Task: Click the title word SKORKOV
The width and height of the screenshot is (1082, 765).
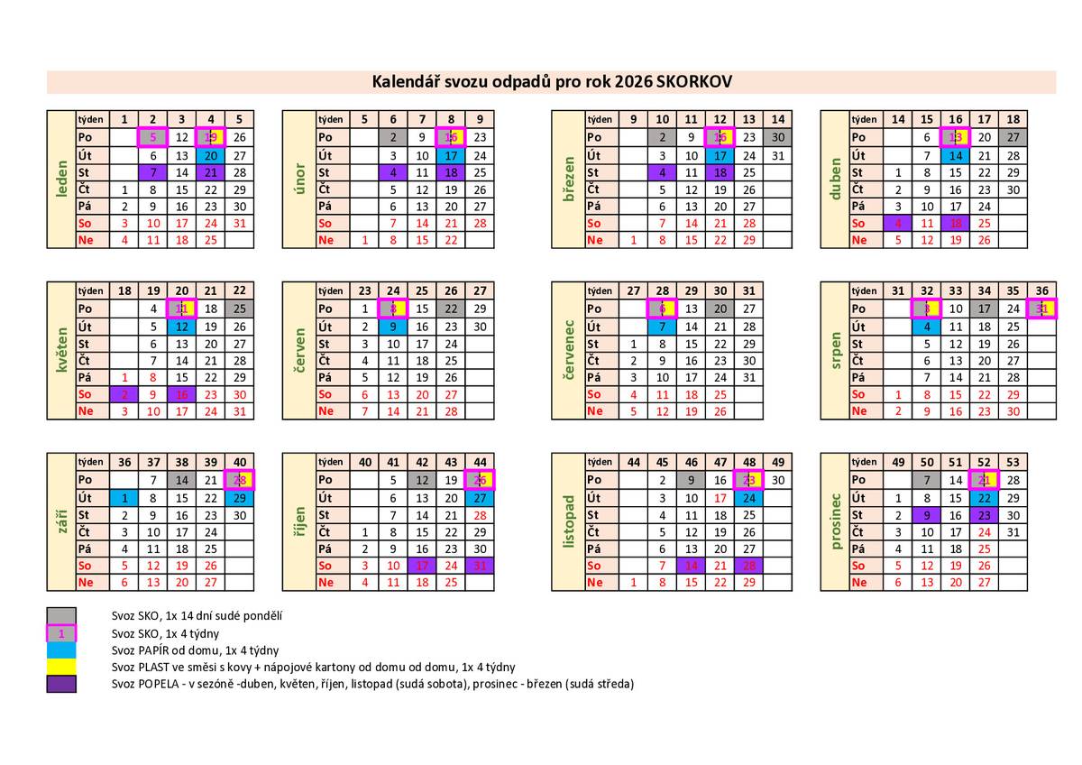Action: coord(695,82)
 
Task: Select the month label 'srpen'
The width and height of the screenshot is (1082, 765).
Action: coord(835,351)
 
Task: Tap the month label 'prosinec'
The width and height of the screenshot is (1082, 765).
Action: coord(835,522)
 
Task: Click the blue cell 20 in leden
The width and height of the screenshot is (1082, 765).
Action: coord(211,155)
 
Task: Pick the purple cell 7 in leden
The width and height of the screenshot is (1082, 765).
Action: coord(153,172)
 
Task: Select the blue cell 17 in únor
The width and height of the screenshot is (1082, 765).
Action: coord(452,155)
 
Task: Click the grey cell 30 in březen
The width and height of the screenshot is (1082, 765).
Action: coord(778,137)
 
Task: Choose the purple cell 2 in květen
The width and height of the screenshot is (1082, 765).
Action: coord(124,394)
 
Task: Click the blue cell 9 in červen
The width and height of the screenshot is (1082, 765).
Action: coord(394,327)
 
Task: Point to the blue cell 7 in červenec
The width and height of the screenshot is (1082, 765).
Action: coord(663,327)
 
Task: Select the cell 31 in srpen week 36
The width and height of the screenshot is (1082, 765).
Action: coord(1041,309)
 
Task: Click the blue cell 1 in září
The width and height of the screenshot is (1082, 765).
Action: coord(124,498)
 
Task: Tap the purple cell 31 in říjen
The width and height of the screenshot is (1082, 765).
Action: coord(481,566)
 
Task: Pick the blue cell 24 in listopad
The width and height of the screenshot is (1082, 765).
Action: coord(749,498)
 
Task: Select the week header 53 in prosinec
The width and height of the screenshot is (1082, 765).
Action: coord(1013,463)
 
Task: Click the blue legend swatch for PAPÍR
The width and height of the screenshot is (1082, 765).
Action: coord(61,650)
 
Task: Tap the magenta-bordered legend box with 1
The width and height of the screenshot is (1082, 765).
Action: coord(61,633)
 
